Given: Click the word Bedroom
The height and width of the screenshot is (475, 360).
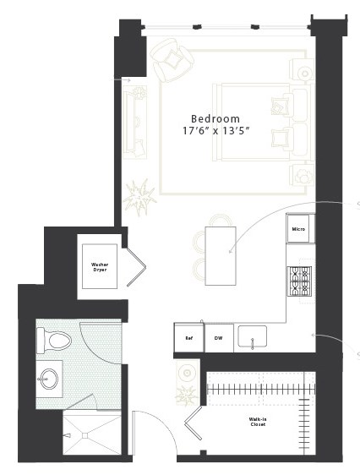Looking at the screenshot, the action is tap(215, 118).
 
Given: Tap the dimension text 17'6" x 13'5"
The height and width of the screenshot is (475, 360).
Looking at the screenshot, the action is tap(215, 131).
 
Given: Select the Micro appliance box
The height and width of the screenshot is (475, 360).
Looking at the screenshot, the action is tap(298, 229).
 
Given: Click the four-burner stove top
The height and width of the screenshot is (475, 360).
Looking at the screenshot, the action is tap(299, 281).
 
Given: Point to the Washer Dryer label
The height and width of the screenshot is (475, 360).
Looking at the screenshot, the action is tap(100, 267).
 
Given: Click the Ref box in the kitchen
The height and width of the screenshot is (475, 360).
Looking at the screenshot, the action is tap(189, 338).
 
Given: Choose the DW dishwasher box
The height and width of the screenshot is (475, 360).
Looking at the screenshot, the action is tap(219, 338).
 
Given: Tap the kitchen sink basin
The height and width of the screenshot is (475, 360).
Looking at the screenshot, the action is tap(252, 336).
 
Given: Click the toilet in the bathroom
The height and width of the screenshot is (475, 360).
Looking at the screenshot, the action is tap(54, 341).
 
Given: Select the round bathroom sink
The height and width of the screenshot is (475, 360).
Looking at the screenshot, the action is tap(49, 379).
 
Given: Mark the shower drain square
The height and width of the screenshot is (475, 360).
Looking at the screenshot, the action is tap(85, 435).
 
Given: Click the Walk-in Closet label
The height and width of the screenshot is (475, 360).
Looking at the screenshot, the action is tap(258, 422).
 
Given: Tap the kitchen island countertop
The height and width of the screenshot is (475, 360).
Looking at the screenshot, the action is tap(221, 256).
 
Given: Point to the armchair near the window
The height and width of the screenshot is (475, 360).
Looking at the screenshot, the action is tap(172, 60).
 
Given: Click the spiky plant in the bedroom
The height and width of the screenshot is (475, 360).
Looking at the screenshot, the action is tap(139, 197).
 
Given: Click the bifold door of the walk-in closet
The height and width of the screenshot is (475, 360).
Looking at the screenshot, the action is tap(194, 423).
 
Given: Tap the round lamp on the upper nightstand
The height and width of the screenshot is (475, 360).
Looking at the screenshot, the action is tap(304, 74).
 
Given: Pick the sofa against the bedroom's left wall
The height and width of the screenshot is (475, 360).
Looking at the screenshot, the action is tap(135, 123).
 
